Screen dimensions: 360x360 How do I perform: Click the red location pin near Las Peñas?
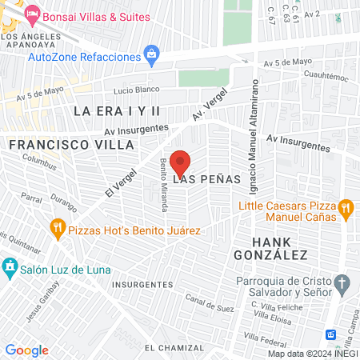point(180,162)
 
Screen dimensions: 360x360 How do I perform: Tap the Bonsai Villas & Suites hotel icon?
point(32,14)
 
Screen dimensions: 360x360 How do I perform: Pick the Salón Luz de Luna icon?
point(10,266)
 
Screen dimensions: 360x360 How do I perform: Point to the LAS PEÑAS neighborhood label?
point(206,179)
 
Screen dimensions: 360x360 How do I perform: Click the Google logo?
point(26,350)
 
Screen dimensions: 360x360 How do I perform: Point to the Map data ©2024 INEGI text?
point(312,354)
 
